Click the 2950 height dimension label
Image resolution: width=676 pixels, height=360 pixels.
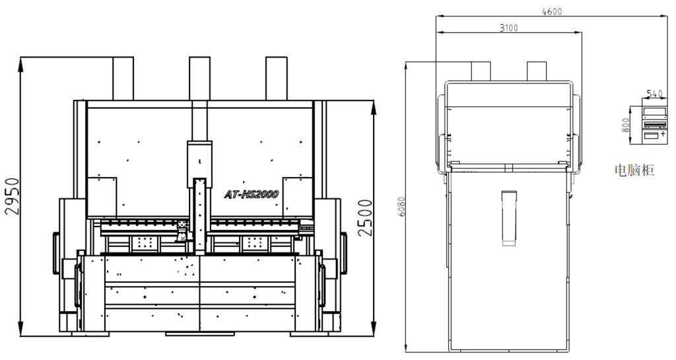(12, 196)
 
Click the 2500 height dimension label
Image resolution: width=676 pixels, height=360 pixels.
(365, 218)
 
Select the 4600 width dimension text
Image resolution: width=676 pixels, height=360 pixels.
(552, 12)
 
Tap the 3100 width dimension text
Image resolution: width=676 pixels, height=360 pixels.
(509, 28)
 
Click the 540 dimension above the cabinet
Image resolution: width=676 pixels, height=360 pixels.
(654, 94)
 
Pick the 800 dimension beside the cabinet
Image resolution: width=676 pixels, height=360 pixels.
(626, 125)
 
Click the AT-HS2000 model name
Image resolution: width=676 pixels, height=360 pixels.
(252, 194)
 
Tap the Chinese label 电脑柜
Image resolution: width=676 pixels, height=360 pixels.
(634, 170)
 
